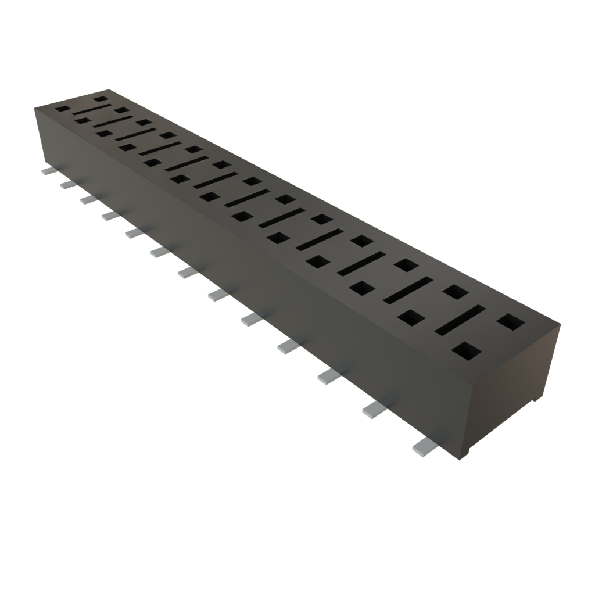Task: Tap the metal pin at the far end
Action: (x=47, y=172)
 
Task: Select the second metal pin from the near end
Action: (x=374, y=410)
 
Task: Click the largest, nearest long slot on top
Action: (x=460, y=320)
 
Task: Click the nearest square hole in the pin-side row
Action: (x=467, y=351)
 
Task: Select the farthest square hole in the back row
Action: (x=102, y=99)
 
